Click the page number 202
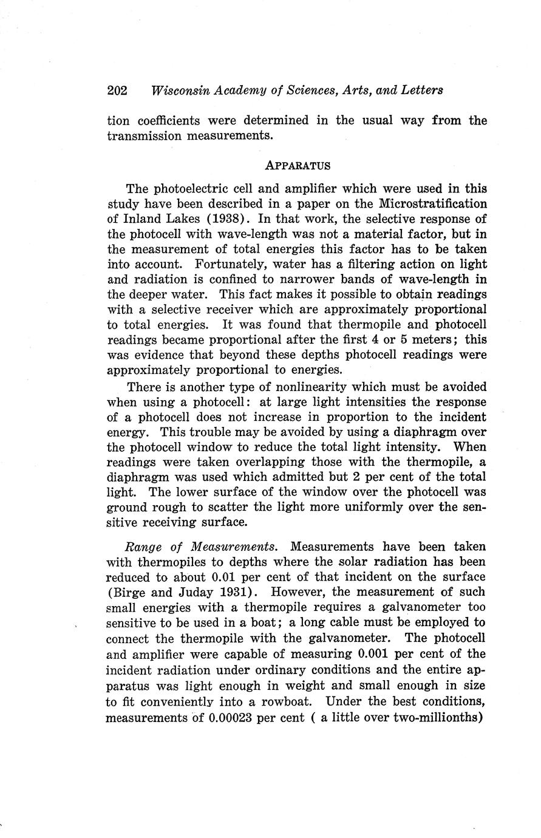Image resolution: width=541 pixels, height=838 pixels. (117, 90)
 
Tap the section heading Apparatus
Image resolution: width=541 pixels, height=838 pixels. (298, 165)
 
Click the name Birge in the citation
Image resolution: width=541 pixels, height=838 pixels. (129, 592)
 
